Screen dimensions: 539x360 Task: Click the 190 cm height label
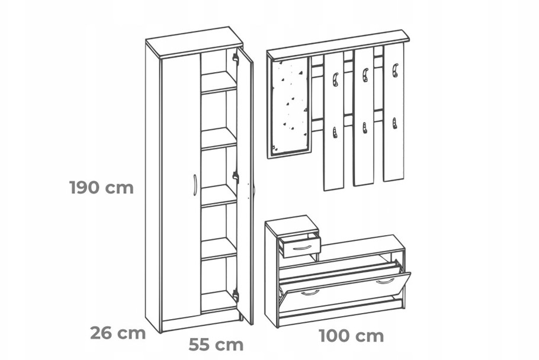coord(101,188)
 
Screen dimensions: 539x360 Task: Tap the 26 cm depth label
coord(118,333)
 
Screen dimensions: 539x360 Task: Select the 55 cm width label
coord(216,345)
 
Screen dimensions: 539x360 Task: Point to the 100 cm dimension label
coord(351,336)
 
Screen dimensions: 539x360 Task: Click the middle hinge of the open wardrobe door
coord(236,176)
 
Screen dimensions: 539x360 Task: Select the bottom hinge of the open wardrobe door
coord(236,294)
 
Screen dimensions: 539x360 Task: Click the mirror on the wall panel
coord(290,107)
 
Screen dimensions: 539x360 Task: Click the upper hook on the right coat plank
coord(394,70)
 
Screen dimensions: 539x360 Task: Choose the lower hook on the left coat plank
coord(335,133)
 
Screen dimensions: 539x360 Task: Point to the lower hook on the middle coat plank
coord(364,128)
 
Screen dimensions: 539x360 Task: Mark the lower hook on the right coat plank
coord(394,123)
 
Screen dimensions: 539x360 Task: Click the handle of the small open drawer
coord(301,248)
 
